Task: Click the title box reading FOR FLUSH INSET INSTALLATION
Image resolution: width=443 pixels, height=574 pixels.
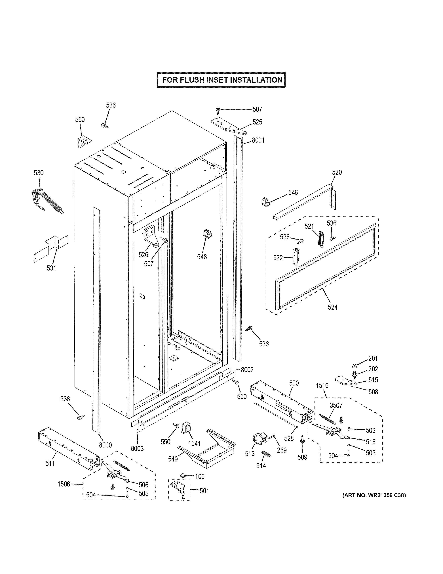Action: (221, 80)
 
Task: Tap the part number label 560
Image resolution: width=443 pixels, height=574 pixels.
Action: (80, 120)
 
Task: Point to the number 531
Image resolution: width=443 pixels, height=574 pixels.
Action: (51, 268)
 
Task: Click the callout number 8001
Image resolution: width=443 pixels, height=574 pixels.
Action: (258, 140)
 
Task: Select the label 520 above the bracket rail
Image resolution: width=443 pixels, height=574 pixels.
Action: (337, 172)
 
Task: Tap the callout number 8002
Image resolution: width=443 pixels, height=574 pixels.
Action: (247, 370)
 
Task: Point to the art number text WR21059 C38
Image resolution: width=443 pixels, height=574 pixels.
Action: (374, 495)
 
